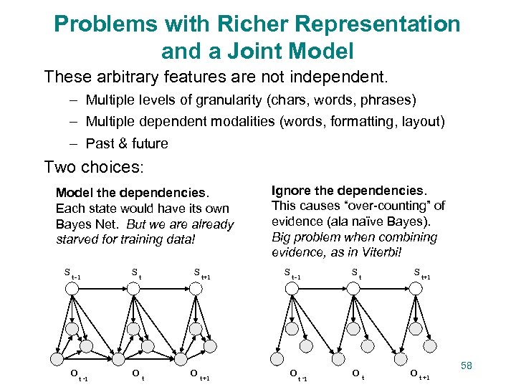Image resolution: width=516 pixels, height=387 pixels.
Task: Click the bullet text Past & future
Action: click(127, 143)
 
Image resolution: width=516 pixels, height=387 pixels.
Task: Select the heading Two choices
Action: click(94, 167)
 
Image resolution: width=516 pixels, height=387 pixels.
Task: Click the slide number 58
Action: click(467, 365)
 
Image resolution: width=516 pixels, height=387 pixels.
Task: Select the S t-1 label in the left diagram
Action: click(72, 274)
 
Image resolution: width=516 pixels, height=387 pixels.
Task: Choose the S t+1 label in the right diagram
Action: click(421, 274)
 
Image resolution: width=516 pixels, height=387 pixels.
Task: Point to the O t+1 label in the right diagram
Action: click(419, 375)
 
